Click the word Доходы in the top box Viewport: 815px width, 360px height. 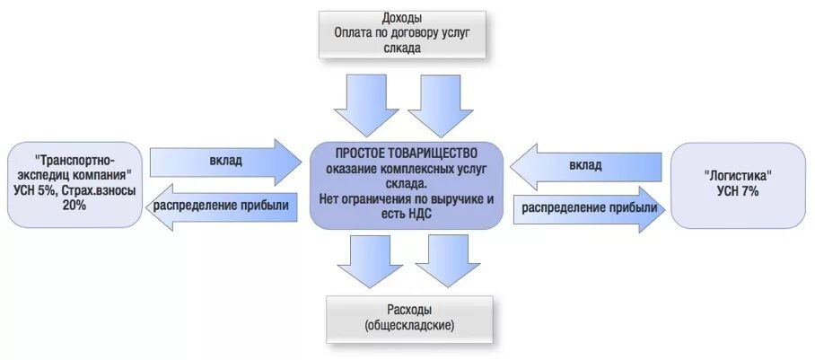pos(401,18)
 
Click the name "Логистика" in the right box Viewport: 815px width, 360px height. pos(740,175)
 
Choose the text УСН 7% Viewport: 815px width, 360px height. pos(740,191)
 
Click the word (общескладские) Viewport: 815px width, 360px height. pos(409,324)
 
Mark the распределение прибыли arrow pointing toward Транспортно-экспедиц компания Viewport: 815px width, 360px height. pos(222,206)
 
